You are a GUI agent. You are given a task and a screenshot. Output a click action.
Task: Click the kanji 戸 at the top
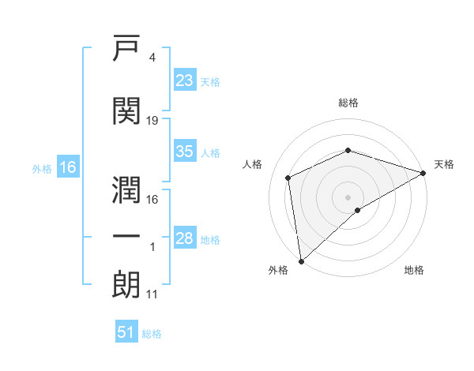(x=126, y=47)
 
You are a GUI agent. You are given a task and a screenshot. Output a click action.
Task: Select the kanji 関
(x=126, y=111)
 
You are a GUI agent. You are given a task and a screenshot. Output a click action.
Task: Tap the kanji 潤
(x=126, y=189)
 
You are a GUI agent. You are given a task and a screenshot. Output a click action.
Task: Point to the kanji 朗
(x=126, y=285)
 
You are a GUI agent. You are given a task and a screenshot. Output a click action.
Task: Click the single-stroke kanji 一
(x=126, y=237)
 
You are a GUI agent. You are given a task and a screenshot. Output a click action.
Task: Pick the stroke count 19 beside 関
(x=152, y=121)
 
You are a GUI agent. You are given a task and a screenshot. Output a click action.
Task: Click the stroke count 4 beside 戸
(x=152, y=58)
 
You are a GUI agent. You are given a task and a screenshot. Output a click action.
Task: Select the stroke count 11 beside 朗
(x=152, y=294)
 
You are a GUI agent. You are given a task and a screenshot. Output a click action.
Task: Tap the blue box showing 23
(x=185, y=79)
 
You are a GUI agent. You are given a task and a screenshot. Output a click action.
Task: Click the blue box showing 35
(x=185, y=150)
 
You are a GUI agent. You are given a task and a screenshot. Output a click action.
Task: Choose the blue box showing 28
(x=185, y=237)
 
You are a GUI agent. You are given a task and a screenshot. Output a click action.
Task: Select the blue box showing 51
(x=126, y=331)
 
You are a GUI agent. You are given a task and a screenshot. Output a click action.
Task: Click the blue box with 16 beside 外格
(x=68, y=167)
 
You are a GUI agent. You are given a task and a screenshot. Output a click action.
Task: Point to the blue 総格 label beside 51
(x=152, y=334)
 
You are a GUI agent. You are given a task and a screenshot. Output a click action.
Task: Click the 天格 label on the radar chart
(x=444, y=164)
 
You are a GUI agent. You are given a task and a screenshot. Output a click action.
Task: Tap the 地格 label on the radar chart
(x=414, y=270)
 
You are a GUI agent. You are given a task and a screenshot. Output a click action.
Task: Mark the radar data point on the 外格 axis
(x=301, y=261)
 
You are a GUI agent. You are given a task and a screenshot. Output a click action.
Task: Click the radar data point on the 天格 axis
(x=423, y=173)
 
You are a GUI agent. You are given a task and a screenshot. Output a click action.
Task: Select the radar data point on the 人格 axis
(x=288, y=178)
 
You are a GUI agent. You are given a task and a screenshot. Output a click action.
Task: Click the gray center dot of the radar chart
(x=348, y=197)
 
